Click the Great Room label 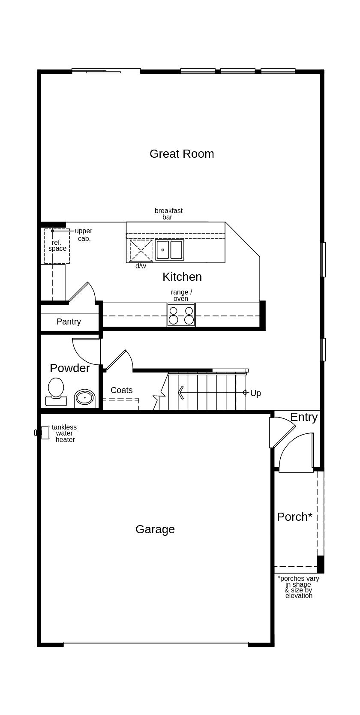[182, 153]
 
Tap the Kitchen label [182, 277]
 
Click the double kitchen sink [169, 250]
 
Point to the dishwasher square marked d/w [141, 251]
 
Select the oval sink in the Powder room [84, 398]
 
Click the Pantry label [69, 321]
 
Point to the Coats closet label [121, 390]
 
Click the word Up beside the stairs [255, 393]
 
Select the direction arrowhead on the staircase [181, 393]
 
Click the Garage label [155, 529]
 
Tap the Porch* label [294, 517]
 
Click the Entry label [304, 417]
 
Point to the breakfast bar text [168, 213]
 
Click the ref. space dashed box [57, 246]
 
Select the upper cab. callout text [84, 234]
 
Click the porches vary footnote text [298, 587]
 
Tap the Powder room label [69, 368]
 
